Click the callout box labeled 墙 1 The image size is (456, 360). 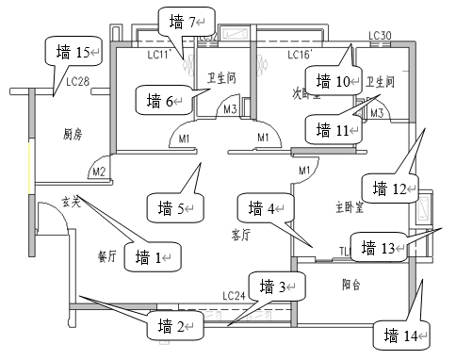tap(155, 256)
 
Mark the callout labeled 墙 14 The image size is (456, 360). tap(402, 334)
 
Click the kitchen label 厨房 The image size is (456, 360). tap(73, 135)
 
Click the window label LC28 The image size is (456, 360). tap(77, 83)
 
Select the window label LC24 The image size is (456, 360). tap(235, 297)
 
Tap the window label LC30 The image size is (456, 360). tap(380, 37)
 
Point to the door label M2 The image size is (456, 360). tap(98, 172)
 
